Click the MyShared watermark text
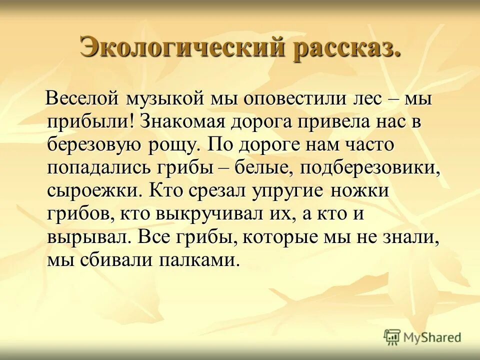433,337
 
